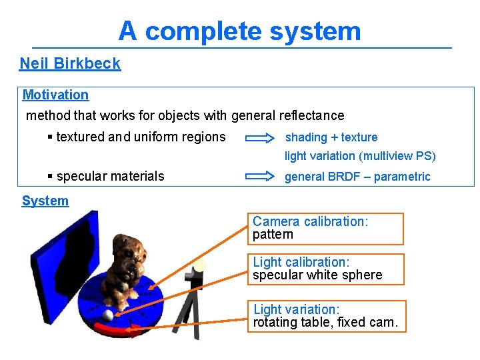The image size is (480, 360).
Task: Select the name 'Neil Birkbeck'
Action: click(70, 64)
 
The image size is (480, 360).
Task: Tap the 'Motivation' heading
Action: click(55, 95)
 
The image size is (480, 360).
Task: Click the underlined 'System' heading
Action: click(45, 201)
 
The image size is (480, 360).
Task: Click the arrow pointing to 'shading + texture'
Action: click(260, 138)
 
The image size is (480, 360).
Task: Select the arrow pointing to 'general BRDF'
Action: click(260, 177)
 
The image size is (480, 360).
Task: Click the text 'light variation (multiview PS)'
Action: click(360, 156)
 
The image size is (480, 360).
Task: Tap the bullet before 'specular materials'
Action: click(51, 177)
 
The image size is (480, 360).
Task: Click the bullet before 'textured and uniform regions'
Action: click(51, 137)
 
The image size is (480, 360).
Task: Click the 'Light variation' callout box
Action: click(325, 316)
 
